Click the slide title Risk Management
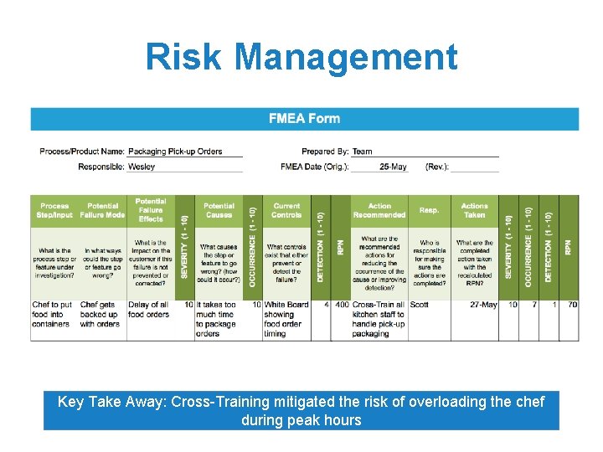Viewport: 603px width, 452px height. (x=301, y=58)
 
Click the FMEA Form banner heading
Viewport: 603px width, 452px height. (x=304, y=118)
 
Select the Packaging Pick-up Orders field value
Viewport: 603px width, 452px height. (x=175, y=152)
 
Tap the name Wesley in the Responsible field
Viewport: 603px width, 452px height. (x=142, y=167)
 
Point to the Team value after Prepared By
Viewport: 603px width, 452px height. (x=362, y=152)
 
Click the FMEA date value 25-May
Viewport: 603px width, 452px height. (x=393, y=167)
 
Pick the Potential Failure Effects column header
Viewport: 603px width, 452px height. (x=151, y=210)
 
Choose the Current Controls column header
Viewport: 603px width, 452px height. (x=286, y=210)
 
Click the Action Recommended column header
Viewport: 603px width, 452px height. (x=379, y=210)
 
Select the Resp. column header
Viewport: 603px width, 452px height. (x=429, y=210)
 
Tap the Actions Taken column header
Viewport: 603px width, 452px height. (x=474, y=210)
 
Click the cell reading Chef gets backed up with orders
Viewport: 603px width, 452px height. (x=100, y=314)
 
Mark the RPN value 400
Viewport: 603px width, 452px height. (x=341, y=305)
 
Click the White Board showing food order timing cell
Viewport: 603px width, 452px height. (x=286, y=319)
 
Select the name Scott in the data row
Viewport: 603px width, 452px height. (x=420, y=305)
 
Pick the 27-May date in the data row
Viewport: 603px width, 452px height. (x=483, y=305)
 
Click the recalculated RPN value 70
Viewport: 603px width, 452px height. (x=571, y=305)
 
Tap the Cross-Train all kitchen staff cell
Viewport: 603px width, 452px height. (x=379, y=319)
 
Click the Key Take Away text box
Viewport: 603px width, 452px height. (x=301, y=410)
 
